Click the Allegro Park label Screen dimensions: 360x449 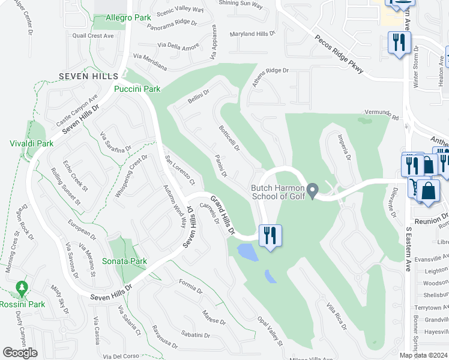pyautogui.click(x=128, y=18)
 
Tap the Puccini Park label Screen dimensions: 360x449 pyautogui.click(x=137, y=89)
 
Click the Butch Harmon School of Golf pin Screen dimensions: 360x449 pyautogui.click(x=312, y=191)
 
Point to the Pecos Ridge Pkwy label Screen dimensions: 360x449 pyautogui.click(x=339, y=55)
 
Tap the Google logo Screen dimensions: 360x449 pyautogui.click(x=20, y=353)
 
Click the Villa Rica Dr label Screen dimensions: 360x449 pyautogui.click(x=337, y=316)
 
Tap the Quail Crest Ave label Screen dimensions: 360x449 pyautogui.click(x=93, y=36)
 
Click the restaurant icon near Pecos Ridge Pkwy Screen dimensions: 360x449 pyautogui.click(x=399, y=43)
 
